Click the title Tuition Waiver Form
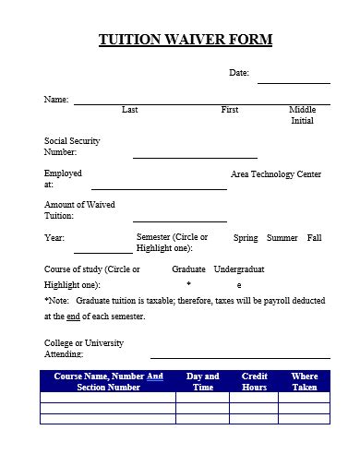point(186,40)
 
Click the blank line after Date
point(294,82)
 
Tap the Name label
point(56,99)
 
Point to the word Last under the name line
point(130,110)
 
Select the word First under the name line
point(230,110)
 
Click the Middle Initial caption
point(302,115)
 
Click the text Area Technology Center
point(275,173)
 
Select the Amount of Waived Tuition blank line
point(179,221)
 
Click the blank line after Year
point(102,252)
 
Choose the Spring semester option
point(246,238)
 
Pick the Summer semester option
point(282,238)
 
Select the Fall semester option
point(315,238)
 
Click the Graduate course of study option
point(188,269)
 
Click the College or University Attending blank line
point(239,356)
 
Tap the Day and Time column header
point(202,381)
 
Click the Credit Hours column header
point(254,381)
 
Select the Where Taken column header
point(304,381)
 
